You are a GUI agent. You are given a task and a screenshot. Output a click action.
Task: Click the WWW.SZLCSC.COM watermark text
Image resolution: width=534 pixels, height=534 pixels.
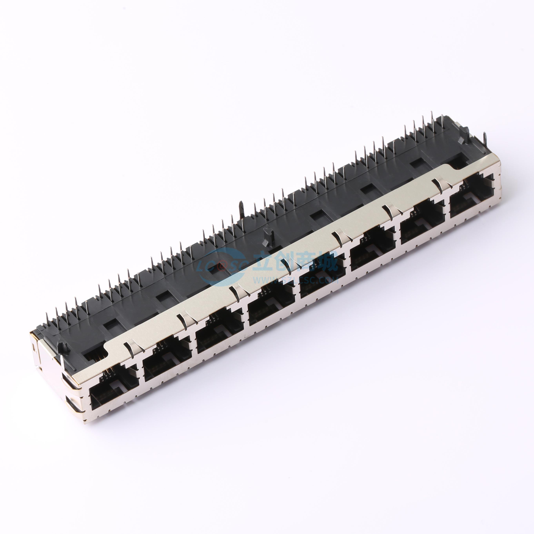pos(296,280)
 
